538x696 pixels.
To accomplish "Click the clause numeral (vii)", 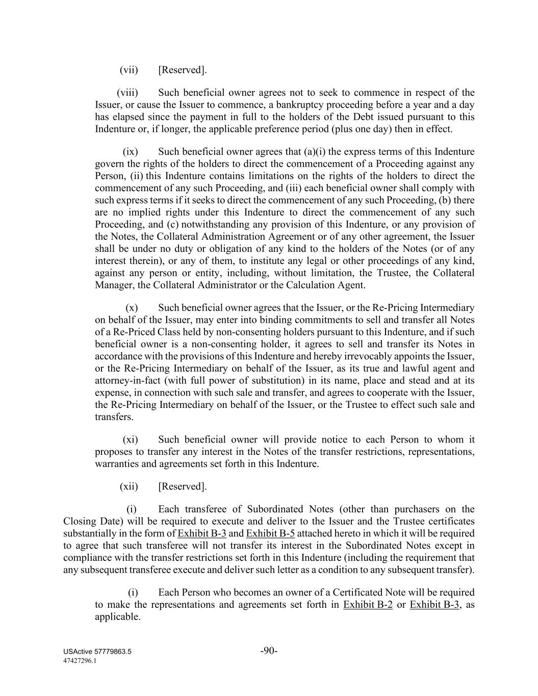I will click(129, 70).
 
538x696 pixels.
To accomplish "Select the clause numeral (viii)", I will click(127, 93).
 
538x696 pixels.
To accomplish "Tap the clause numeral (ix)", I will click(131, 152).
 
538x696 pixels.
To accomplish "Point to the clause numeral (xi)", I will click(131, 440).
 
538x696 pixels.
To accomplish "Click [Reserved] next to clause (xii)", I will click(183, 486).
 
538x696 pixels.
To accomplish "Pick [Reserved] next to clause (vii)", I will click(183, 70).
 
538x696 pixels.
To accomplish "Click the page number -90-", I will click(269, 651).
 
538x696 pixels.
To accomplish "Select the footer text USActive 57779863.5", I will click(97, 652).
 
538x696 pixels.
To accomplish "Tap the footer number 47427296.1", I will click(80, 660).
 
